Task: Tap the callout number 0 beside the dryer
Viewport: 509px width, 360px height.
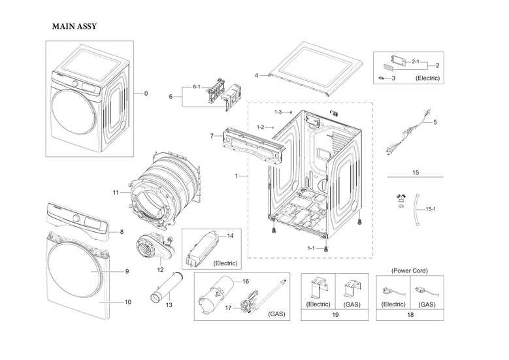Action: pyautogui.click(x=146, y=93)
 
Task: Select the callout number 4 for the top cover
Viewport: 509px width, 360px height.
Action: pyautogui.click(x=257, y=75)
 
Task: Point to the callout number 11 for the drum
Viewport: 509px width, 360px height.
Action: pyautogui.click(x=116, y=192)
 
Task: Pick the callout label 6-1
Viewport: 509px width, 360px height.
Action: pyautogui.click(x=197, y=87)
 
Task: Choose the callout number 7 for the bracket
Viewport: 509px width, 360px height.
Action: pyautogui.click(x=212, y=136)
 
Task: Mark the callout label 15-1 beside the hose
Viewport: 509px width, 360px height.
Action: pyautogui.click(x=431, y=209)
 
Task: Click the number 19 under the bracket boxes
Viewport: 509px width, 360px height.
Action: pyautogui.click(x=335, y=315)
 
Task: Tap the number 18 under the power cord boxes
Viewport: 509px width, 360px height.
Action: pyautogui.click(x=410, y=315)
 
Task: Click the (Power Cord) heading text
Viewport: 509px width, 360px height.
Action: pyautogui.click(x=410, y=270)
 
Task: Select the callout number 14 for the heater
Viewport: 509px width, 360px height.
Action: pyautogui.click(x=230, y=235)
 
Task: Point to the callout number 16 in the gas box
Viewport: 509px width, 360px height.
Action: pyautogui.click(x=246, y=281)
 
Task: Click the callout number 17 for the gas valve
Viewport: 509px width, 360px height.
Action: pyautogui.click(x=228, y=307)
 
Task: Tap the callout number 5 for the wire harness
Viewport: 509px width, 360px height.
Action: pyautogui.click(x=435, y=122)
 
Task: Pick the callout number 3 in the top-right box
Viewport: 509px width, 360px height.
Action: pyautogui.click(x=393, y=78)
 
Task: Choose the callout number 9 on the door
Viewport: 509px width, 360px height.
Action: pyautogui.click(x=127, y=271)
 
